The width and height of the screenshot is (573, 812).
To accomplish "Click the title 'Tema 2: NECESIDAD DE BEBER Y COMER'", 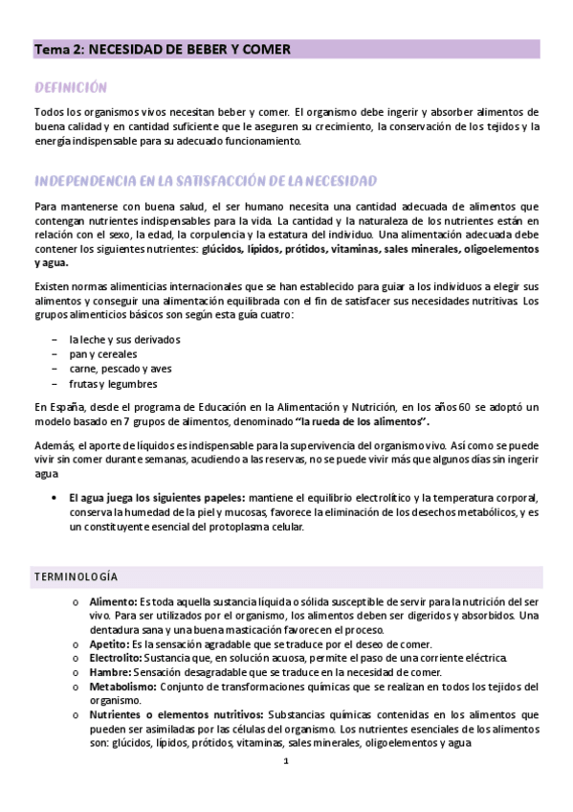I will [x=163, y=49].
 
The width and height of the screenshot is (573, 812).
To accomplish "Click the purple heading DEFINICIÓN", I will [x=70, y=87].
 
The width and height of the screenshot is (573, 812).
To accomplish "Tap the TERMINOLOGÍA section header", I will [x=76, y=576].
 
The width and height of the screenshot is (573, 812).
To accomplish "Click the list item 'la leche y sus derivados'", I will [x=124, y=340].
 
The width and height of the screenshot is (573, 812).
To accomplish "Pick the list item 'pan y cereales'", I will [x=102, y=354].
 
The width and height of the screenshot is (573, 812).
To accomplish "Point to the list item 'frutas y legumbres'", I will [x=113, y=384].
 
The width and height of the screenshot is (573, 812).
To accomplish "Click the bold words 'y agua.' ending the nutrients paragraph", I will [x=53, y=261].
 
